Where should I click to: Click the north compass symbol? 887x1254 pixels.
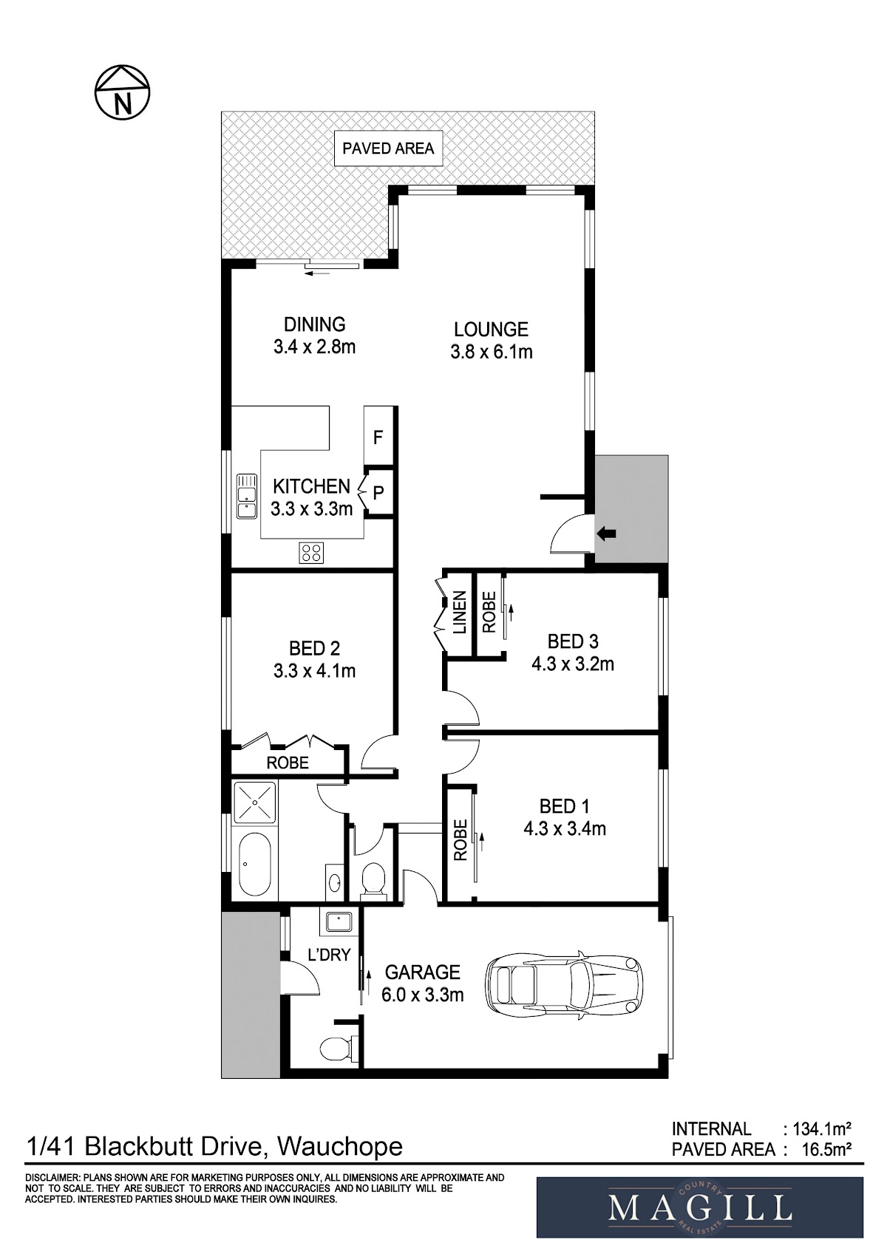pyautogui.click(x=122, y=92)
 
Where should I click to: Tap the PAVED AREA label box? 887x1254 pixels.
pyautogui.click(x=388, y=149)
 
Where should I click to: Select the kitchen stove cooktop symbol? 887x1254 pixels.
pyautogui.click(x=310, y=553)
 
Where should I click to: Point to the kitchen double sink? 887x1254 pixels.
pyautogui.click(x=246, y=496)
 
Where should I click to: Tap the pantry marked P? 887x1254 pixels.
pyautogui.click(x=378, y=493)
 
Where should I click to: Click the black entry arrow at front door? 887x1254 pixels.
pyautogui.click(x=606, y=534)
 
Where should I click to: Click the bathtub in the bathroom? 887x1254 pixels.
pyautogui.click(x=255, y=865)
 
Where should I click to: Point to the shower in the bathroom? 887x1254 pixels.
pyautogui.click(x=255, y=803)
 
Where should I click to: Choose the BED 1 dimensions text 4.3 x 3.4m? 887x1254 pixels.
pyautogui.click(x=565, y=828)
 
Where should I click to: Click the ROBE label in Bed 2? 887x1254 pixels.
pyautogui.click(x=288, y=763)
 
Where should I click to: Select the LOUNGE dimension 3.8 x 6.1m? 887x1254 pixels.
pyautogui.click(x=491, y=352)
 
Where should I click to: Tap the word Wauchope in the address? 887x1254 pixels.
pyautogui.click(x=340, y=1147)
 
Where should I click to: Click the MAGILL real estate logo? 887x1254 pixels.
pyautogui.click(x=700, y=1207)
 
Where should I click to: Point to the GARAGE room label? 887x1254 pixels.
pyautogui.click(x=422, y=972)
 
